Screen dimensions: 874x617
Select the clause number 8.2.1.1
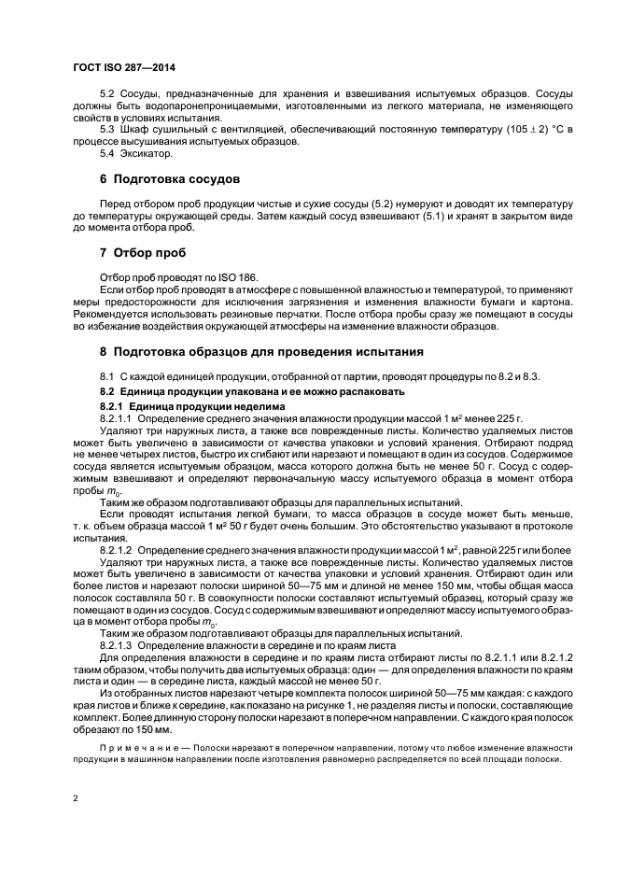(118, 418)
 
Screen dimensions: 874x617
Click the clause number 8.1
(106, 375)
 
